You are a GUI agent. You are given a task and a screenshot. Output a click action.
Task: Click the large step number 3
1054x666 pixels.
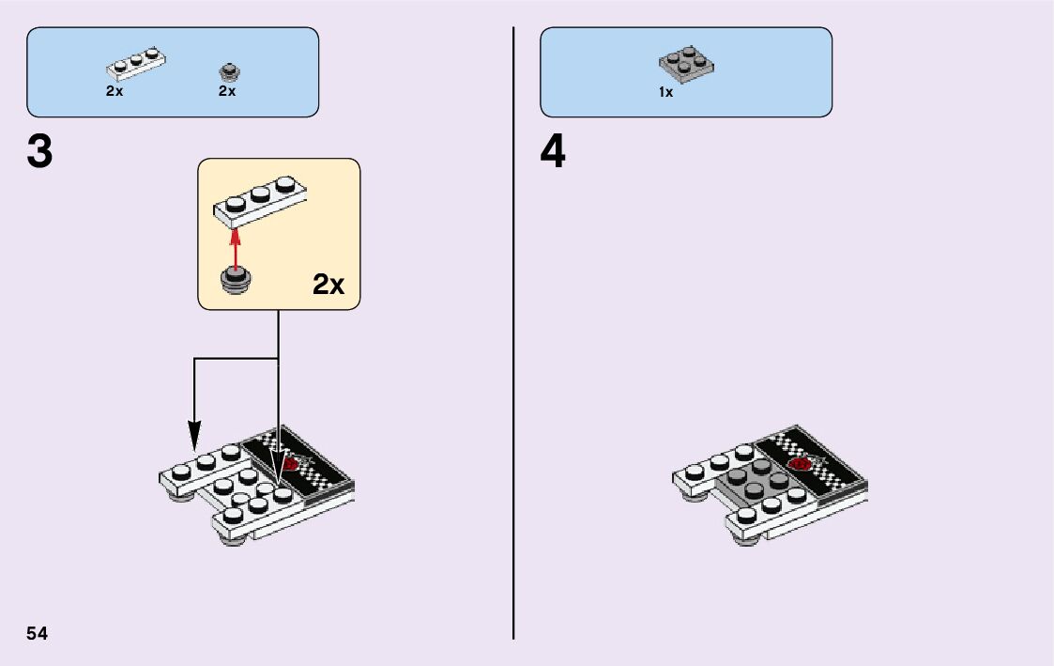pos(39,152)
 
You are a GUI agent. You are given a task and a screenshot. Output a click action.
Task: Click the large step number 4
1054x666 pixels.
pos(553,152)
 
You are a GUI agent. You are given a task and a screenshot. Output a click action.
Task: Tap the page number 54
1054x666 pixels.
pos(38,633)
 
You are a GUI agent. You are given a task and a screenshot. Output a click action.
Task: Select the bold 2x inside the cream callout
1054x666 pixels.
pos(328,286)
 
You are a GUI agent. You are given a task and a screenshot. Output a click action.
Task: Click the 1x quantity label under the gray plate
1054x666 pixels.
pos(665,93)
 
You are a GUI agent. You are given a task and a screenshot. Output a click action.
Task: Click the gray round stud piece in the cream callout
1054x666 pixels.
pos(234,280)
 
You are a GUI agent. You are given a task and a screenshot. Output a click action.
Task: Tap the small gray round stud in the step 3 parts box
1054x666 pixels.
pos(227,71)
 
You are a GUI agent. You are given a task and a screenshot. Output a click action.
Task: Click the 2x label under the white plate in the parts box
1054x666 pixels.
pos(115,92)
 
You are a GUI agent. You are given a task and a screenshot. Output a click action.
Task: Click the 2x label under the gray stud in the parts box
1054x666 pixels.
pos(227,92)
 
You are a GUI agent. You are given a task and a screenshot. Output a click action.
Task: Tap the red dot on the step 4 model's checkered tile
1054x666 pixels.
pos(801,463)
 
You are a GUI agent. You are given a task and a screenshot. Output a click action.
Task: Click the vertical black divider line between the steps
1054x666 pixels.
pos(513,329)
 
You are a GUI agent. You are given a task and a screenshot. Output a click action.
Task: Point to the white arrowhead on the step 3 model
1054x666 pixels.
pos(279,460)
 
